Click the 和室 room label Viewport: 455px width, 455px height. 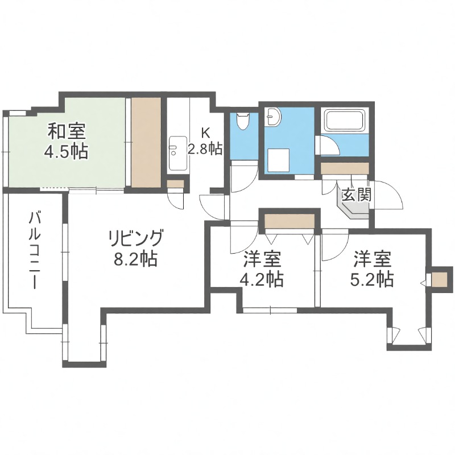pos(66,133)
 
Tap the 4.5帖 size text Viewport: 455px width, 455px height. pos(66,151)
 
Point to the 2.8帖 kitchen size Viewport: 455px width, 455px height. pos(205,149)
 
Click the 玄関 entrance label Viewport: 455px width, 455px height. pos(356,195)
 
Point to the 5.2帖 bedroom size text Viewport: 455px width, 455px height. pos(373,279)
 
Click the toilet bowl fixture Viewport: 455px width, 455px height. pos(243,121)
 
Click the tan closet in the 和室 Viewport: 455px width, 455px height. pos(146,142)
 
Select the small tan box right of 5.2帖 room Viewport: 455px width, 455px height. pos(439,279)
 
